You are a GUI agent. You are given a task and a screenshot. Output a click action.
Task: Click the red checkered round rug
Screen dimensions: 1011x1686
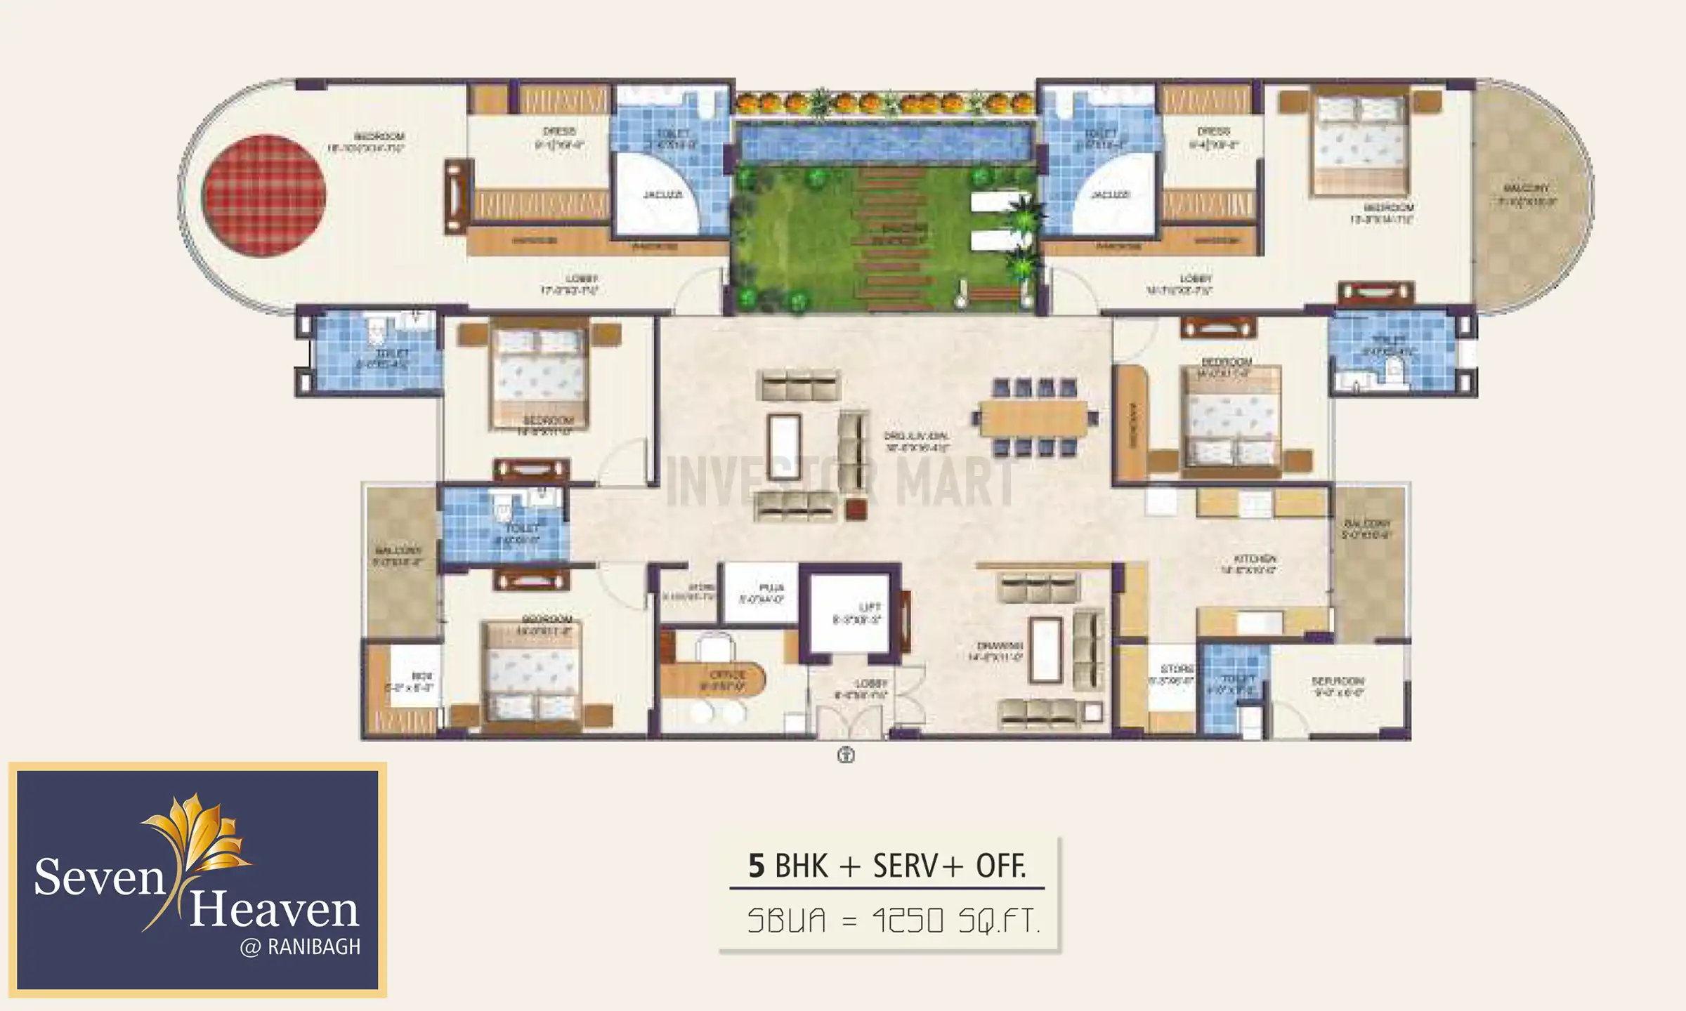click(263, 196)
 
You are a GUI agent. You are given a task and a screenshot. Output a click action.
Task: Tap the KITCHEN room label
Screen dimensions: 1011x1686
click(1254, 559)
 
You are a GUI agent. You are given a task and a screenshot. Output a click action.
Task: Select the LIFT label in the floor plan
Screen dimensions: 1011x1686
click(869, 607)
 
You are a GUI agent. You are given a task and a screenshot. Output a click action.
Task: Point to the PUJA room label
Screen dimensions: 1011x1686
click(771, 588)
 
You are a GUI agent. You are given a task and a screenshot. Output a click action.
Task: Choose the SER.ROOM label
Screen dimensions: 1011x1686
click(1338, 681)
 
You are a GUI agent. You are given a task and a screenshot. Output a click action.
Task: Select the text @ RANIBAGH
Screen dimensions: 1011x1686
click(300, 947)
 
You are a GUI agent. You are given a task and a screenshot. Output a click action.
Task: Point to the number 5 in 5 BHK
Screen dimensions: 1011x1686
click(756, 866)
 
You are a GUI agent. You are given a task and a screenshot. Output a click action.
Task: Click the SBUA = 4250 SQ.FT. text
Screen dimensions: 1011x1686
click(892, 920)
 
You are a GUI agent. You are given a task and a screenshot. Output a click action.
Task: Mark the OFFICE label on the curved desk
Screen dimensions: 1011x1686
click(727, 675)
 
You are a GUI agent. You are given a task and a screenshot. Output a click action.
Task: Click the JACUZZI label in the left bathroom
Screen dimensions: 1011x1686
click(662, 194)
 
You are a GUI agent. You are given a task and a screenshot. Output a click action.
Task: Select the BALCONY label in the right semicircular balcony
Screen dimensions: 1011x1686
click(1526, 188)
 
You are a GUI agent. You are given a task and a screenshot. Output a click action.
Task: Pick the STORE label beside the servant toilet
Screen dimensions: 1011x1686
click(1177, 668)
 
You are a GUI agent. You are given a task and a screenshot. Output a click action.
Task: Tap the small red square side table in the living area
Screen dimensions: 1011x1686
click(856, 509)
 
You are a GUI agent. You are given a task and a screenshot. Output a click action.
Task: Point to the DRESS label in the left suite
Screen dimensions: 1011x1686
click(559, 131)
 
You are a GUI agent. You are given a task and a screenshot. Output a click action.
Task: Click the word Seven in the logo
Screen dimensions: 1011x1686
click(99, 877)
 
